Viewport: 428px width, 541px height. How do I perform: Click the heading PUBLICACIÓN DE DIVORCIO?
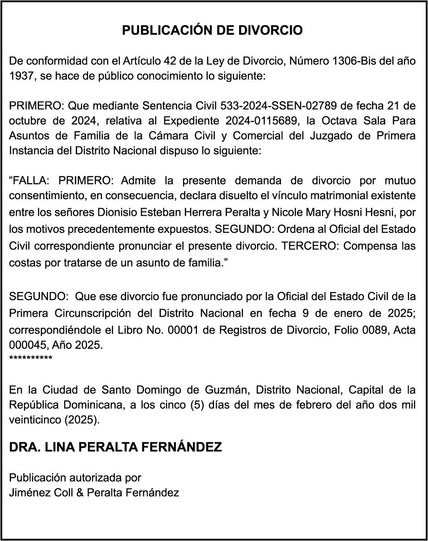[213, 31]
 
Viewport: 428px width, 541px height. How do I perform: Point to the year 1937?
[22, 76]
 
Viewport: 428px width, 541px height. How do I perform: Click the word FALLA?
[31, 181]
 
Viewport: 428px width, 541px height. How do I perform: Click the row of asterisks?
[31, 358]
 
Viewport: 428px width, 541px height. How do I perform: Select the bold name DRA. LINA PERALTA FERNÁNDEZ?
[115, 447]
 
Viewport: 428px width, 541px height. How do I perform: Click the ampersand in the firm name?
[79, 493]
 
